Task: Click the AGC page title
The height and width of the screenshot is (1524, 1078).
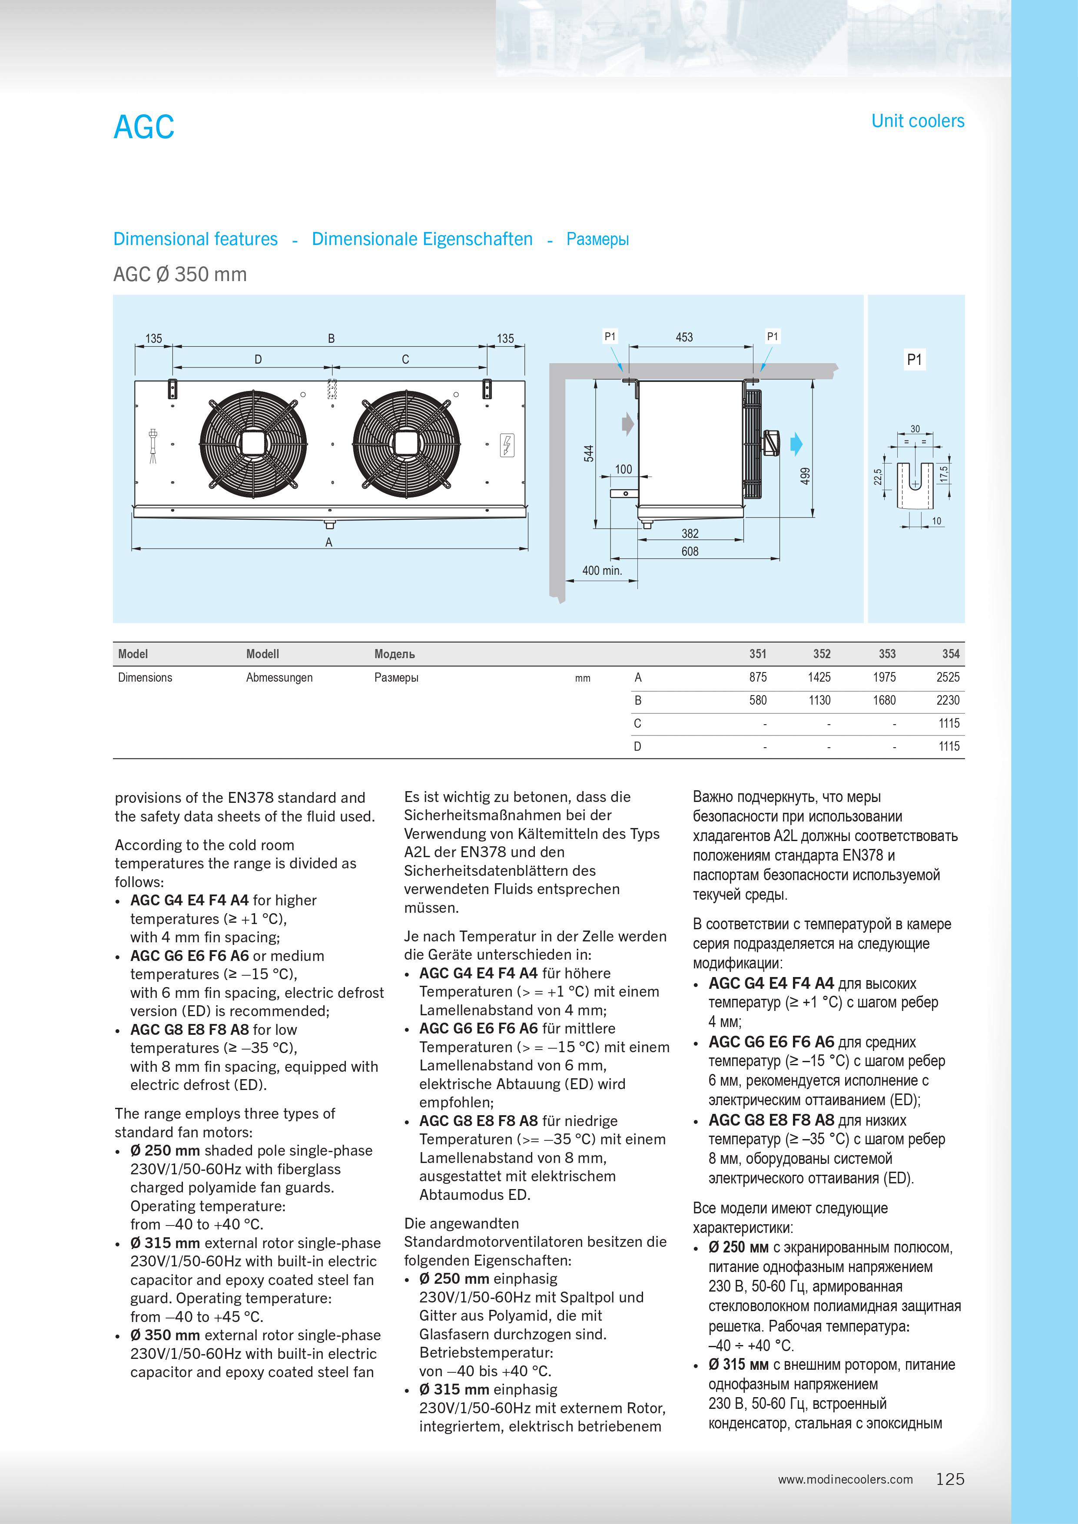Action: click(144, 127)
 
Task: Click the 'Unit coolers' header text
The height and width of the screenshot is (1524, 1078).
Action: click(917, 121)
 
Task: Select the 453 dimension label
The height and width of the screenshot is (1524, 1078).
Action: click(684, 337)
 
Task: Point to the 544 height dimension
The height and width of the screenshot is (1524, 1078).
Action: click(589, 454)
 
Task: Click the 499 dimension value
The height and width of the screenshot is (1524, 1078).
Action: click(805, 475)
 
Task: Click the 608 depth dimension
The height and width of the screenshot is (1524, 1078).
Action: click(690, 551)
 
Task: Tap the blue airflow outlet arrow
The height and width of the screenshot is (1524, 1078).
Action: click(796, 444)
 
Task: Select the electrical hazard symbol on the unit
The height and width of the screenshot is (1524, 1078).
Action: click(507, 445)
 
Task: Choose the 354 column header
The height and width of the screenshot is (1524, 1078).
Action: click(951, 654)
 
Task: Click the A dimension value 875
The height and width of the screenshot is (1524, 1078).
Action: click(757, 677)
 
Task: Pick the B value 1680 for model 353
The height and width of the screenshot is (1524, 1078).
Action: click(884, 700)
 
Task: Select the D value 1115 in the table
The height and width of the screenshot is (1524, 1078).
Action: click(949, 746)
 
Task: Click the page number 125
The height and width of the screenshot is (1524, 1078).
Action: click(950, 1479)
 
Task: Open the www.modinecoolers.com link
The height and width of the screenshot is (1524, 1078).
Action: click(845, 1480)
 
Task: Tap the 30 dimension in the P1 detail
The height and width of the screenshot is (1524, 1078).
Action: click(915, 429)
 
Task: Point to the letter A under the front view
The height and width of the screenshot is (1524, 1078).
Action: click(328, 542)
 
